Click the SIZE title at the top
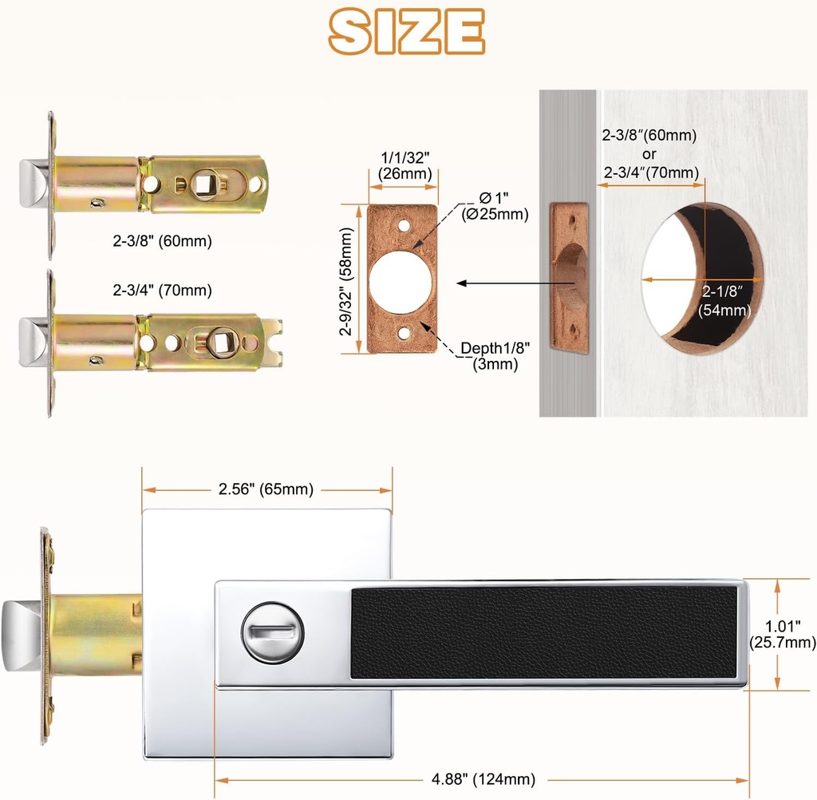point(407,33)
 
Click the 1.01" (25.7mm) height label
point(783,633)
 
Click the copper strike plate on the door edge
point(569,278)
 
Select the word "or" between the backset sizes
point(649,154)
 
